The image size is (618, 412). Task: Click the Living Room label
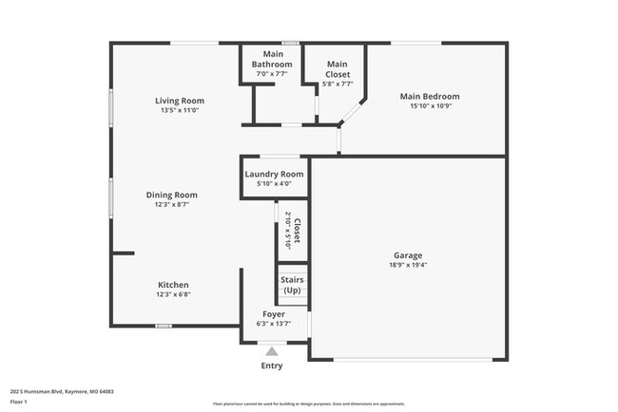(x=180, y=101)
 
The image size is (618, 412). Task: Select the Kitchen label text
(x=173, y=285)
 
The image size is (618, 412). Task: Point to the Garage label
(x=408, y=255)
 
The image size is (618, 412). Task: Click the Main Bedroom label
(x=429, y=96)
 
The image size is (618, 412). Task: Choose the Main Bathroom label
(x=271, y=60)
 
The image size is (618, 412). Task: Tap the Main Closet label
(x=337, y=69)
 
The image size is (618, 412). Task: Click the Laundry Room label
(x=275, y=174)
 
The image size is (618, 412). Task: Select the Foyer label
(x=274, y=313)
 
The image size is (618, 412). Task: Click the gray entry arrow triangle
(x=272, y=351)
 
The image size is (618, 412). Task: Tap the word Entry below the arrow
(x=272, y=365)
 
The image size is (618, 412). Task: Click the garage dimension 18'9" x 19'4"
(x=408, y=266)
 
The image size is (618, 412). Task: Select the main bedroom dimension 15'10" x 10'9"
(x=429, y=106)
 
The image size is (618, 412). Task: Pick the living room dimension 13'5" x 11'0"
(x=180, y=110)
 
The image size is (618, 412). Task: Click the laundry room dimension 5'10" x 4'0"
(x=275, y=184)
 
